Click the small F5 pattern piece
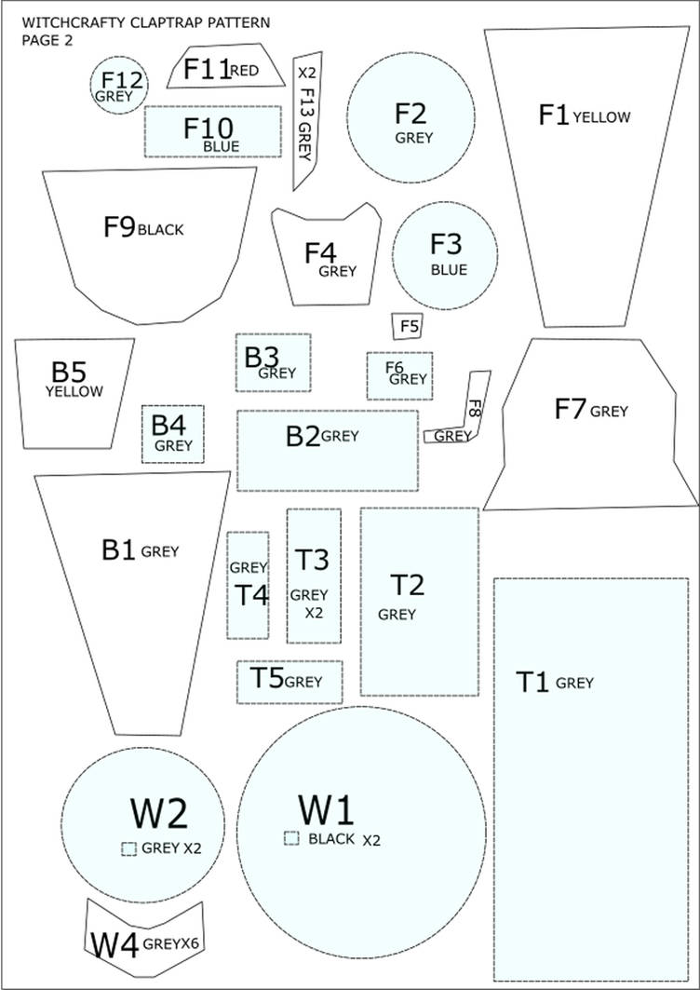[408, 326]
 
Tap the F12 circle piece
[119, 86]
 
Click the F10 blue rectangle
[213, 131]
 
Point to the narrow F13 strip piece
[307, 120]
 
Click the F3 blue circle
[445, 256]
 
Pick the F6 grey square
[399, 375]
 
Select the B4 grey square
[173, 434]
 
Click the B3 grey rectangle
[274, 362]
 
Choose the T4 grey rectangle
[248, 585]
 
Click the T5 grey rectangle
[289, 682]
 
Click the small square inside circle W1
[291, 838]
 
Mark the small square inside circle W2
[128, 848]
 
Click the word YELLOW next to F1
[601, 116]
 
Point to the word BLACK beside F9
[160, 230]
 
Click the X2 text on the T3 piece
[314, 613]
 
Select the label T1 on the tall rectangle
[532, 683]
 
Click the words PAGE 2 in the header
[47, 42]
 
